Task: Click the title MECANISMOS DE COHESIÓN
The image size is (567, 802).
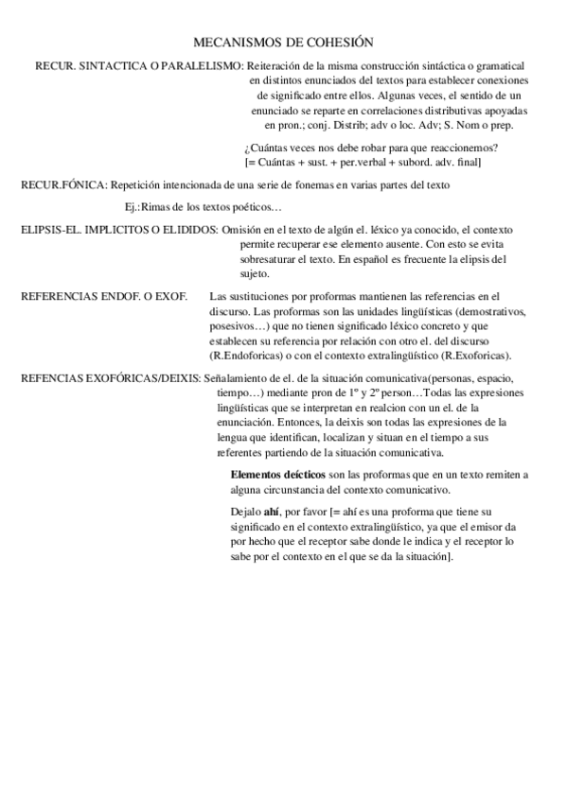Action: (x=283, y=43)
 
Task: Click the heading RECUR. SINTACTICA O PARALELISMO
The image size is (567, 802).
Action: (x=138, y=66)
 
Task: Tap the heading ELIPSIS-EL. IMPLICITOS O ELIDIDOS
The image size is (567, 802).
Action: (x=119, y=231)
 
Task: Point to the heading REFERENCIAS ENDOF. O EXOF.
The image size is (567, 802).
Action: (x=104, y=297)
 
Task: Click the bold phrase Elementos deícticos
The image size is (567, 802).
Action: (x=276, y=475)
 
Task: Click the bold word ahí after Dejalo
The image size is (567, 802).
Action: (x=273, y=512)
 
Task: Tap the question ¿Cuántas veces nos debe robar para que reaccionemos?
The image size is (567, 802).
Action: (x=371, y=148)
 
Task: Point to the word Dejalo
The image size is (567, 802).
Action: (x=245, y=512)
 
